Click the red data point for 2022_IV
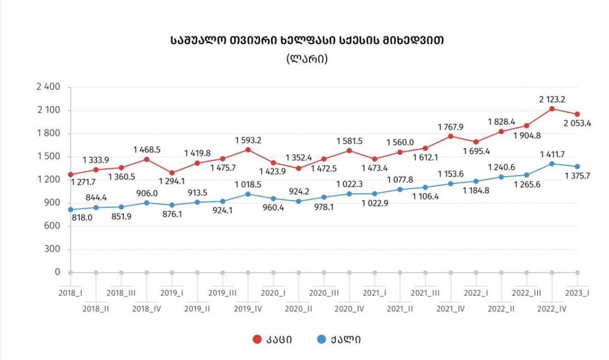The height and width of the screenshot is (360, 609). (552, 109)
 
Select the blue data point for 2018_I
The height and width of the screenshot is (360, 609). (71, 209)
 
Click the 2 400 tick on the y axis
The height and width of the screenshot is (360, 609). (49, 87)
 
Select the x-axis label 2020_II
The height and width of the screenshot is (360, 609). (299, 308)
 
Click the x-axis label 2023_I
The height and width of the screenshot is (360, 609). (578, 293)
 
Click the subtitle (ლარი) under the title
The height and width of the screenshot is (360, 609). (307, 59)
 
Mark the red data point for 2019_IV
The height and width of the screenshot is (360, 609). (248, 150)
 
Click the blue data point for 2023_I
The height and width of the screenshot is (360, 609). (577, 167)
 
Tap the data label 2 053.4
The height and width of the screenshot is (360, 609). (577, 123)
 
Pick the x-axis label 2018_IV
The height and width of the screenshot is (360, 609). (147, 308)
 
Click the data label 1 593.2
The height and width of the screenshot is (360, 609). (248, 140)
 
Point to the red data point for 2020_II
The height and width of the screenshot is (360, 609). (299, 169)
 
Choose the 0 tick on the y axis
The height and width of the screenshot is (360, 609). (57, 273)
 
